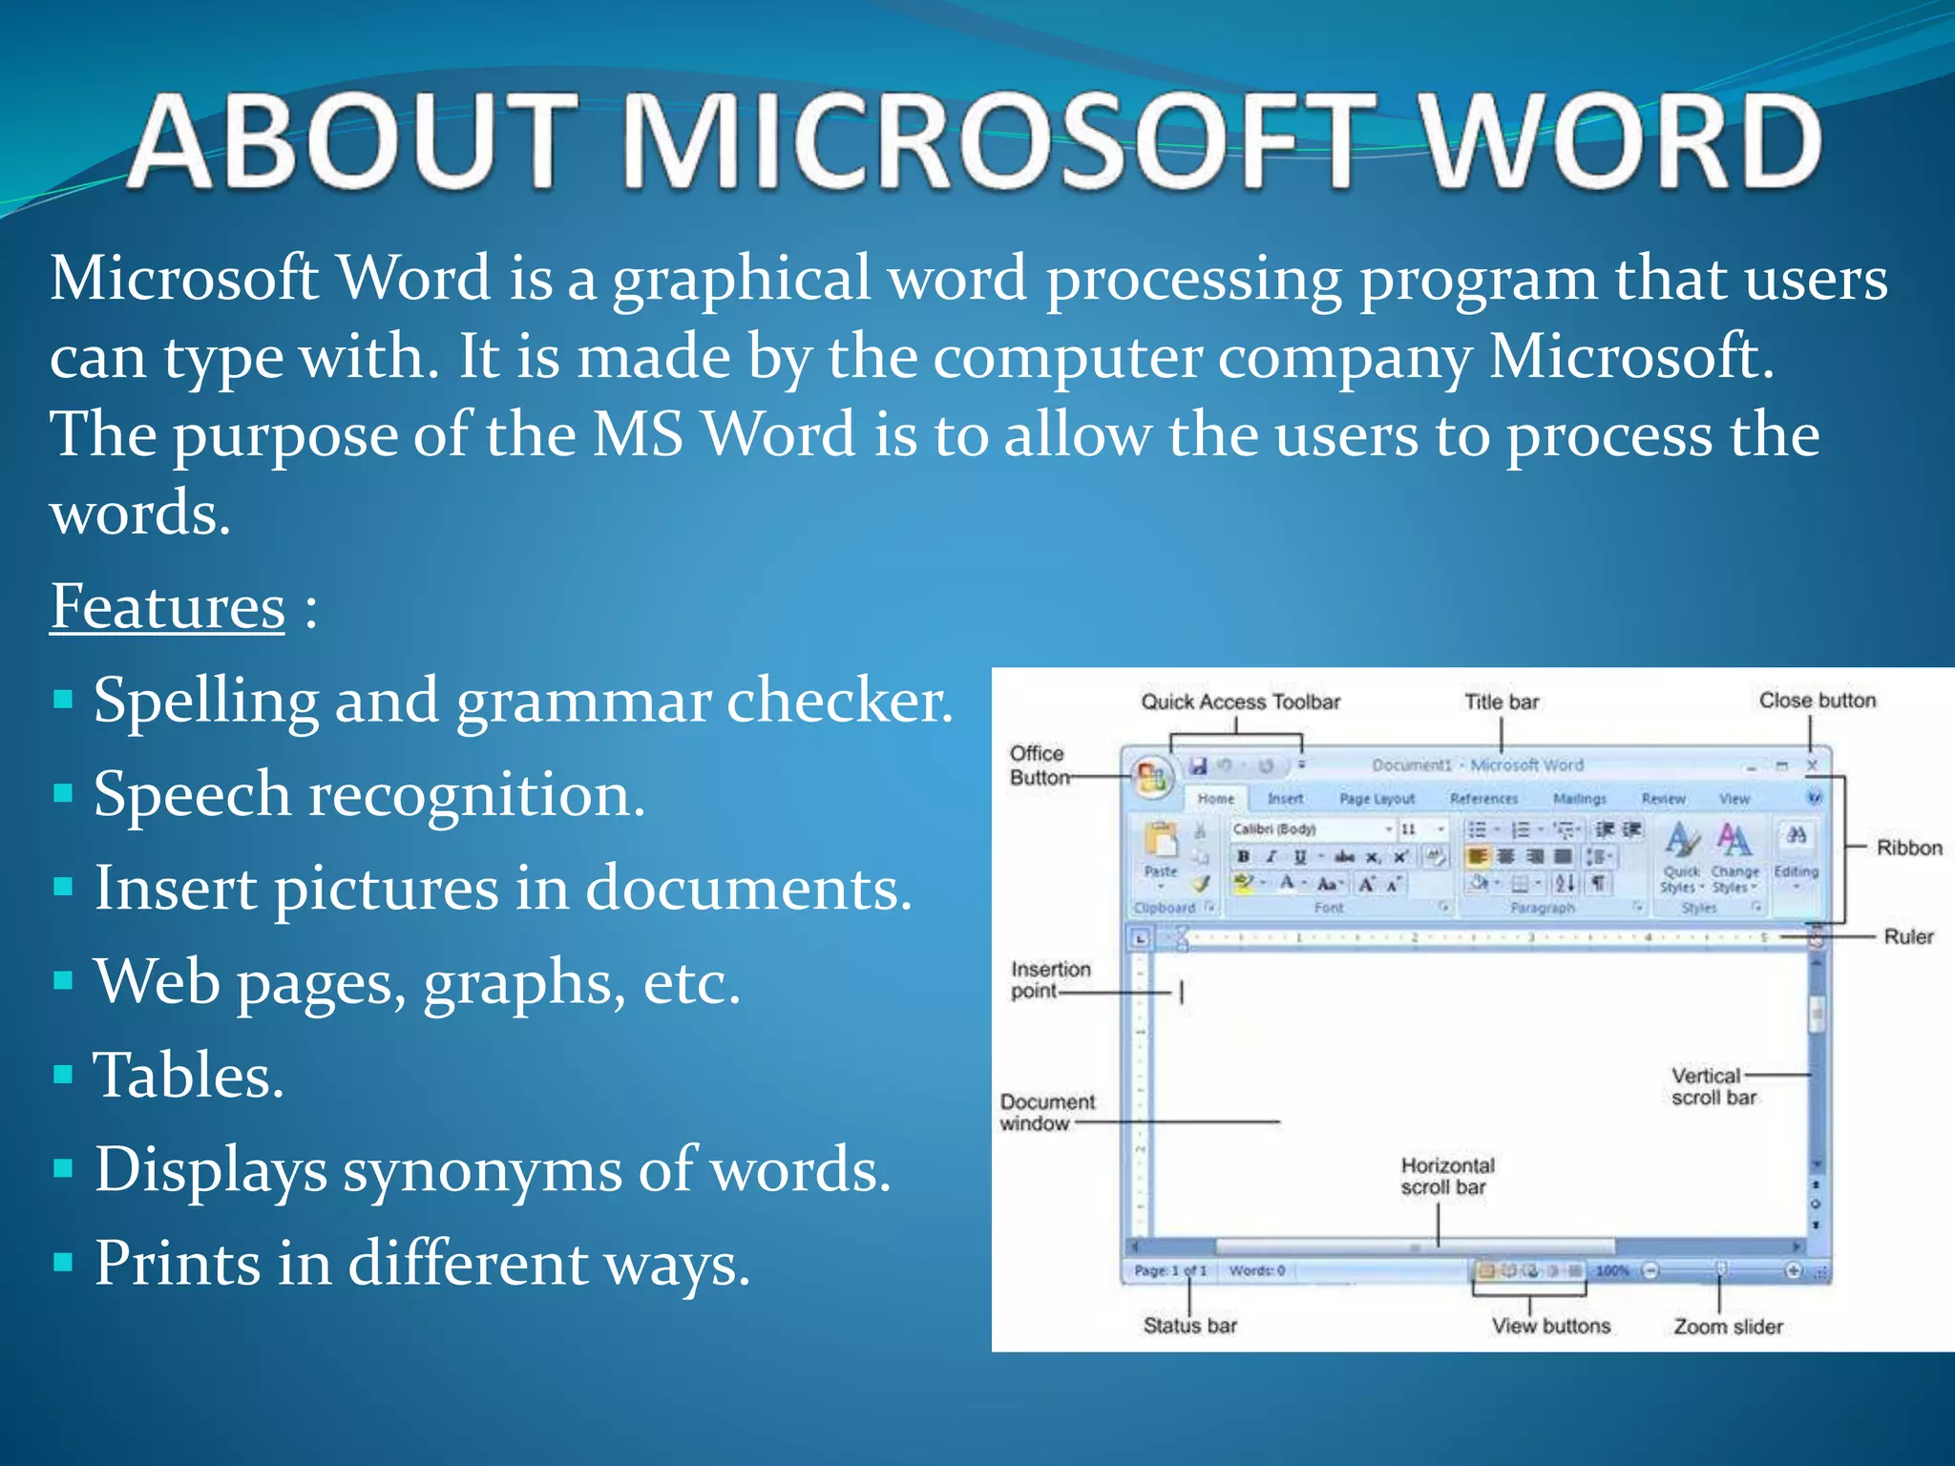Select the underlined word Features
[167, 607]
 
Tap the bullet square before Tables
[63, 1076]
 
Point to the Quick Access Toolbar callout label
[1240, 702]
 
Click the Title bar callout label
[1502, 702]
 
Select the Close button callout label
[1817, 701]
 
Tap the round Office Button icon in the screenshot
[1151, 778]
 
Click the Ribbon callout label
[1908, 848]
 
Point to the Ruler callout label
[1908, 936]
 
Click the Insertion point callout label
[1049, 980]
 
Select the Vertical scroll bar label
[1712, 1086]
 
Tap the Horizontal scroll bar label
[1446, 1176]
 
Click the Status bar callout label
[1189, 1325]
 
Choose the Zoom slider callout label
[1727, 1326]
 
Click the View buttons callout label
[1550, 1326]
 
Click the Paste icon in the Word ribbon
[1161, 846]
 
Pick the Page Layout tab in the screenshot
[1376, 799]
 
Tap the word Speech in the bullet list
[192, 795]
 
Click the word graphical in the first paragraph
[742, 280]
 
